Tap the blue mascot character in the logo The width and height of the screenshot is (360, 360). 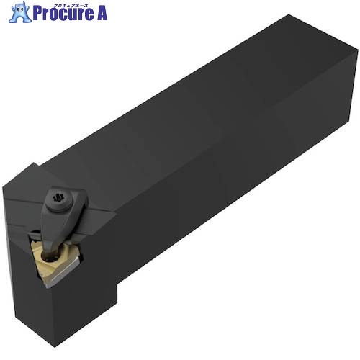click(x=19, y=12)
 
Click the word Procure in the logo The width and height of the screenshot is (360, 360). click(x=62, y=13)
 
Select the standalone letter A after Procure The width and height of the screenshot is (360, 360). click(x=102, y=13)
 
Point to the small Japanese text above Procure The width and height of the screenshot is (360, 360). click(x=69, y=6)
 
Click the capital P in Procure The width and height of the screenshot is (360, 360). click(x=37, y=13)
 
